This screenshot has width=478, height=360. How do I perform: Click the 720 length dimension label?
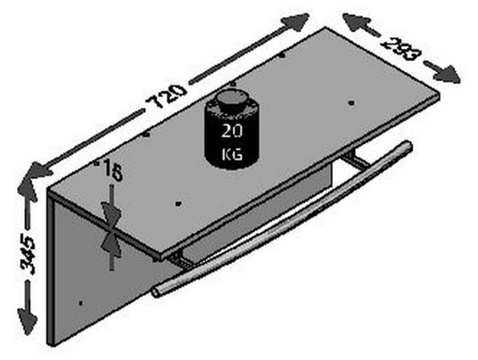tap(166, 95)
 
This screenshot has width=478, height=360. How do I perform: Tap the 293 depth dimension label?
tap(401, 49)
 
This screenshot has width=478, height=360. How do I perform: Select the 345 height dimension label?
tap(28, 255)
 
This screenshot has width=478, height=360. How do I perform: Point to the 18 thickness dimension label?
tap(112, 170)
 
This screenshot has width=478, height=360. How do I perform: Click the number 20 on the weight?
tap(232, 131)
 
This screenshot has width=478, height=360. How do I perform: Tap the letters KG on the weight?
tap(232, 154)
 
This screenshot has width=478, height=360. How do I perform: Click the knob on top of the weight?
tap(231, 99)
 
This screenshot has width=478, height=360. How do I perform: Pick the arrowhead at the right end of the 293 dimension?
tap(446, 74)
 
